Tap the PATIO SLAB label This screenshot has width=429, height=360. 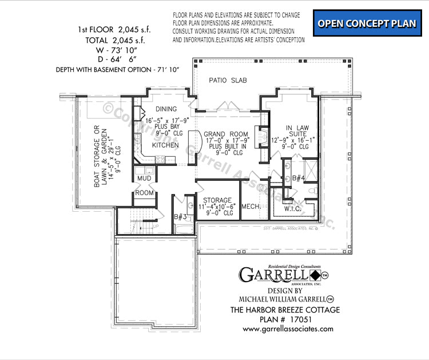coord(227,81)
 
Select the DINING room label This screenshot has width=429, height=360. coord(165,109)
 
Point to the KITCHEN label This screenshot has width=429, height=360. coord(165,145)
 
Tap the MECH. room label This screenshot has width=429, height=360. coord(252,206)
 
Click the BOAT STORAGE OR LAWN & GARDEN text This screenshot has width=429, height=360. coord(101,156)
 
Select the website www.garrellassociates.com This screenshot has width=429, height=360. coord(288,329)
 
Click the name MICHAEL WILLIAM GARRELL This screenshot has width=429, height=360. coord(282,299)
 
